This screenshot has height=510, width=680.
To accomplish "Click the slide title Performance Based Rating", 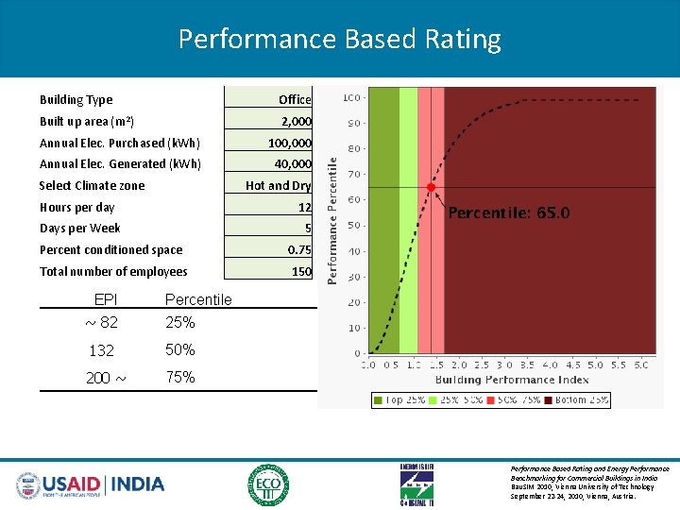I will tap(339, 40).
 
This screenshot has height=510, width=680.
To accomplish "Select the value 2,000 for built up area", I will tap(297, 121).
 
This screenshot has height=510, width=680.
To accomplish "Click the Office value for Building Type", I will tap(295, 99).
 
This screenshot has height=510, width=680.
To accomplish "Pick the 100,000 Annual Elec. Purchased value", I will tap(289, 143).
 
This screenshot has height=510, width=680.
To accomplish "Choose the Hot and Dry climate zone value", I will tap(278, 186).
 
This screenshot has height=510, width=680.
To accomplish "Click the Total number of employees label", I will tap(113, 272).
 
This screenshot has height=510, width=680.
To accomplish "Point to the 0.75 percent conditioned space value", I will tap(299, 250).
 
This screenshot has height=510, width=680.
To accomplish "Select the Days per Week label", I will tap(80, 229).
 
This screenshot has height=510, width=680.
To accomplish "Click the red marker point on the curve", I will tap(431, 187).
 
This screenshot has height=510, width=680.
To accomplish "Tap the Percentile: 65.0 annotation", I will tap(509, 213).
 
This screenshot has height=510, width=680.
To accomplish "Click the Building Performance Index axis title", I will tap(512, 380).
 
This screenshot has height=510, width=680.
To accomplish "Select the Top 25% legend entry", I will tap(400, 399).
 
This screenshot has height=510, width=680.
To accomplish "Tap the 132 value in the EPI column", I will tap(101, 350).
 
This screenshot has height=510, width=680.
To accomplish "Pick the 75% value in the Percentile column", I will tap(179, 377).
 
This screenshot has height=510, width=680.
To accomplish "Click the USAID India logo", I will tap(91, 484).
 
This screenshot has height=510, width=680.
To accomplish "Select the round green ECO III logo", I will tap(269, 484).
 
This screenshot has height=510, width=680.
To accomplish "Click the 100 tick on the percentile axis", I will tap(350, 97).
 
